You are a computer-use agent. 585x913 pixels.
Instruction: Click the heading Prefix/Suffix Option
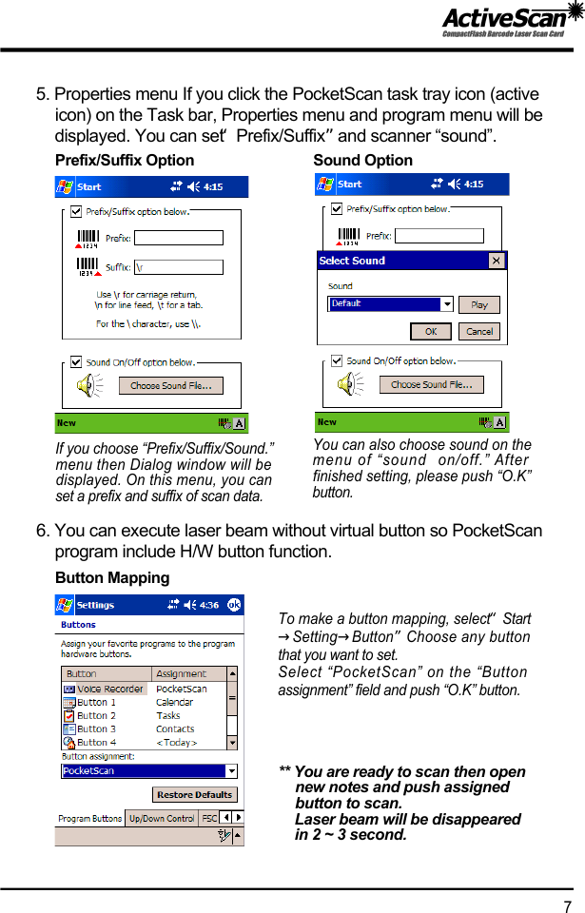125,160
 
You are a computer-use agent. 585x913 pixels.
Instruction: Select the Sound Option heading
362,160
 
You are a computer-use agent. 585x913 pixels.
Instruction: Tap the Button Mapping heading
112,577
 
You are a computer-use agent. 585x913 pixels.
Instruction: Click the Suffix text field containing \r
178,266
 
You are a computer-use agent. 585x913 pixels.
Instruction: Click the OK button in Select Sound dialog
431,331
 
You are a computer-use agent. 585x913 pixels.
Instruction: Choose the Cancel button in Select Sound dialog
479,331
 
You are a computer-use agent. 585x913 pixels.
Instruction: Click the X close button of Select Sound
497,261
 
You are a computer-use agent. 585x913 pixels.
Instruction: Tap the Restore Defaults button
194,794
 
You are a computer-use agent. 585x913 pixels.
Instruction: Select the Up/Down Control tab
162,818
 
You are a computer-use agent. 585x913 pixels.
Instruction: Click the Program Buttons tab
90,818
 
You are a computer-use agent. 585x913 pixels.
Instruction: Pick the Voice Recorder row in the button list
105,689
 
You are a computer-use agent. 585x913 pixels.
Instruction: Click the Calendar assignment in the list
175,702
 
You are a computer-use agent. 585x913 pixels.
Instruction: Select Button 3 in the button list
96,728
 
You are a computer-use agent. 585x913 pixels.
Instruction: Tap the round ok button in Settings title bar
234,604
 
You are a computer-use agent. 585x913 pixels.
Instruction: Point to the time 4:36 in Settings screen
208,605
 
